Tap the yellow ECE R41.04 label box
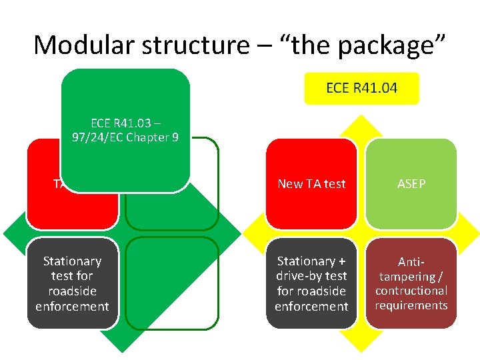(361, 88)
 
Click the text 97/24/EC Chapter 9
(125, 139)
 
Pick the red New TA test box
(311, 183)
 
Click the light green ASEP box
(411, 183)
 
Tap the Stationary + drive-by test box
(311, 283)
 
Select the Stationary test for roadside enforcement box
(72, 283)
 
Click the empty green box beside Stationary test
(172, 283)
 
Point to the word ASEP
(411, 184)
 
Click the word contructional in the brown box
(411, 291)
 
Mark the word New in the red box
(290, 184)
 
